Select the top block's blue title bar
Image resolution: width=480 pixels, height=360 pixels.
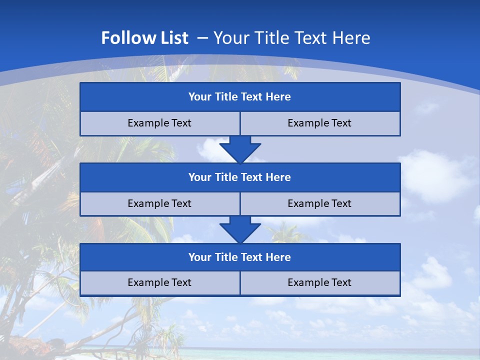[x=240, y=97]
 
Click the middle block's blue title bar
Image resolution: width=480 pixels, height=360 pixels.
[x=240, y=177]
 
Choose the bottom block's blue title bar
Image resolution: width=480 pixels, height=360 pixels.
[x=240, y=257]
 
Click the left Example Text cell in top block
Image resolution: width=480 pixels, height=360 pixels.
[x=159, y=123]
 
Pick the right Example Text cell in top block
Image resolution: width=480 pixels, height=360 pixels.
[x=319, y=123]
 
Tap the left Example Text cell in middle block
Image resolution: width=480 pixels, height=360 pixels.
[x=159, y=203]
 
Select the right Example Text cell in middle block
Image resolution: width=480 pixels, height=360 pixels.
[x=319, y=203]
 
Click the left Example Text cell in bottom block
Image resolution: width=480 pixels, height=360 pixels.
[x=159, y=282]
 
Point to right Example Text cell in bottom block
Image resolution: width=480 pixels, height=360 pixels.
[x=319, y=282]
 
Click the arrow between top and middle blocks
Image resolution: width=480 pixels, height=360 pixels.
[x=240, y=149]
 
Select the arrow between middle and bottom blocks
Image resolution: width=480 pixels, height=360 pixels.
[x=240, y=229]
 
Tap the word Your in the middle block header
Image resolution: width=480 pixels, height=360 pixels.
[x=199, y=177]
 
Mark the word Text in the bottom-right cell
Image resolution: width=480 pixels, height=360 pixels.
[x=341, y=282]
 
